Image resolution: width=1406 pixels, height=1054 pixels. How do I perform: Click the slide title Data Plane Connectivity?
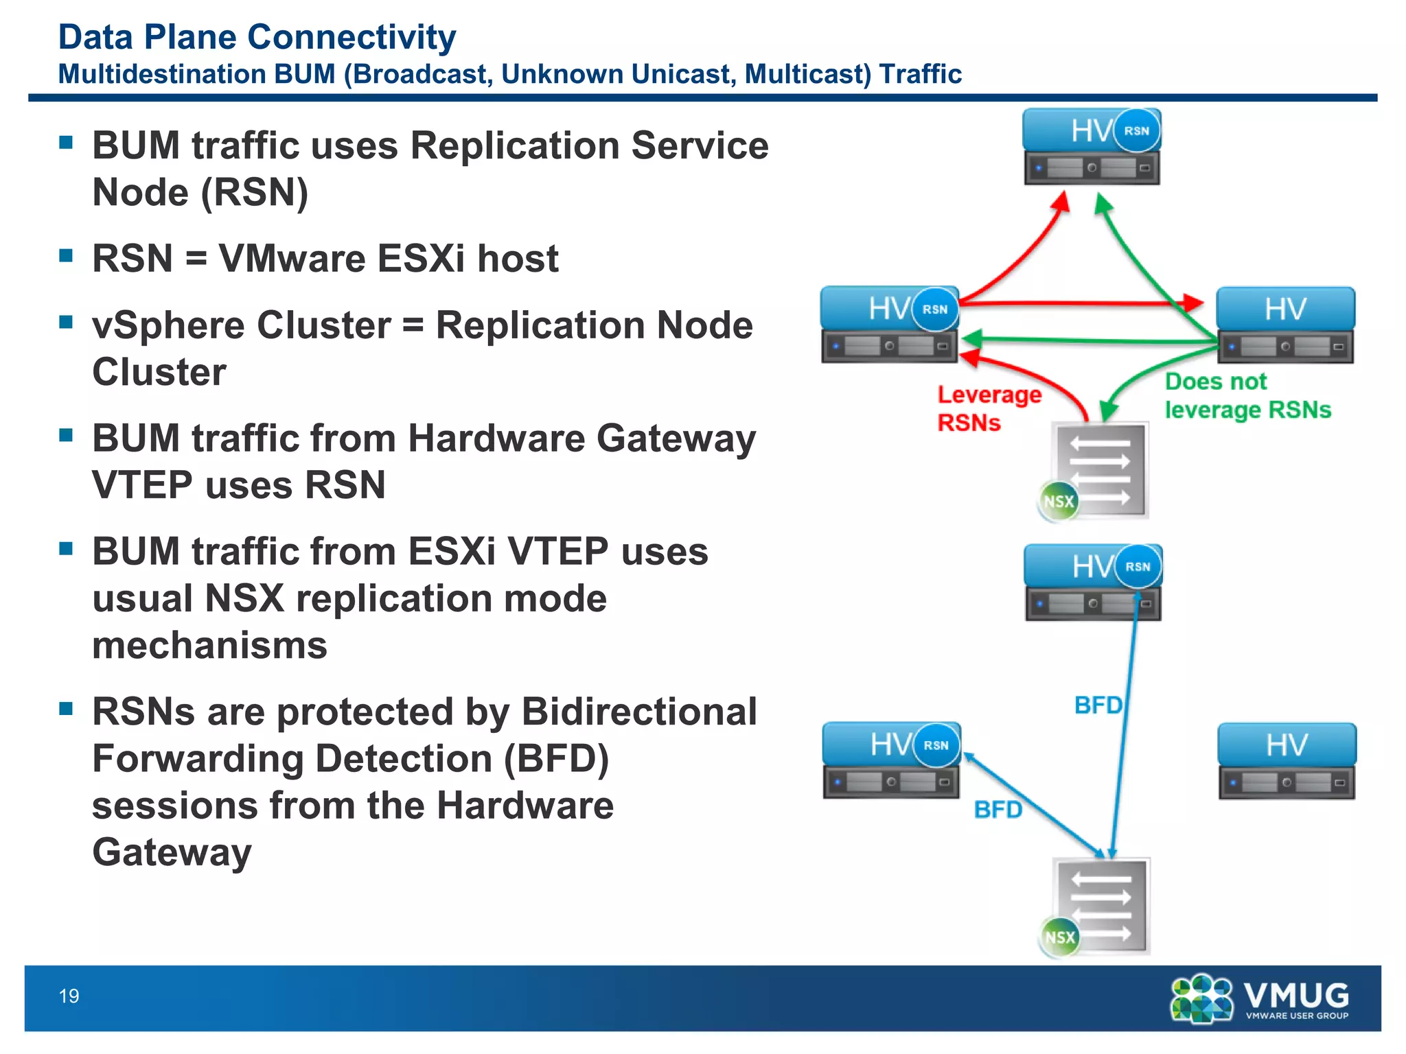pos(257,37)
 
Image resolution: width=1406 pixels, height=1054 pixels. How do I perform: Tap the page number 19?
pos(69,996)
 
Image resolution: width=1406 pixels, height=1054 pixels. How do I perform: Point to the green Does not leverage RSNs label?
pos(1246,396)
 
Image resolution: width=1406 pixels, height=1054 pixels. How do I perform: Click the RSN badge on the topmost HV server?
pos(1136,130)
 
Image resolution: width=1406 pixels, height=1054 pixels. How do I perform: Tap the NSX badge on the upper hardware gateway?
pos(1058,502)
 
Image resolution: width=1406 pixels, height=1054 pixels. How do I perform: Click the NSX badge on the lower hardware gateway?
pos(1059,937)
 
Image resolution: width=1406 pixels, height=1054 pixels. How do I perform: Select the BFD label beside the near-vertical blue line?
pos(1097,705)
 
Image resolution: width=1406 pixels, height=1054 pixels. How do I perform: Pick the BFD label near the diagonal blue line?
pos(998,810)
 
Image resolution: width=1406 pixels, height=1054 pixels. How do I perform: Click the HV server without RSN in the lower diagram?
pos(1287,760)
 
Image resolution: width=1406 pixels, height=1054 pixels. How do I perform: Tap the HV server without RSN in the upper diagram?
pos(1285,325)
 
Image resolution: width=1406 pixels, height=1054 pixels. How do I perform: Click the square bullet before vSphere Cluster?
pos(66,322)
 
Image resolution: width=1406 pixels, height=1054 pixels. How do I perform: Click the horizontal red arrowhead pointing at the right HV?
pos(1193,302)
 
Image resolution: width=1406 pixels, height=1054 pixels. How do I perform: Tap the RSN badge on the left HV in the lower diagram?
pos(936,745)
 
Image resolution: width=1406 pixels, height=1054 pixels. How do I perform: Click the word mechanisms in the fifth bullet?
pos(209,646)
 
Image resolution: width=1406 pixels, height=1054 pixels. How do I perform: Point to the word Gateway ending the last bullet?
pos(172,852)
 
